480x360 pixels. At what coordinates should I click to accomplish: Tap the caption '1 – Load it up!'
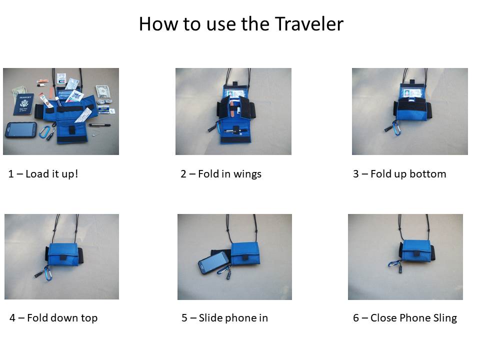(43, 174)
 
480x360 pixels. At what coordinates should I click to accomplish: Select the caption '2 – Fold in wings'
(220, 174)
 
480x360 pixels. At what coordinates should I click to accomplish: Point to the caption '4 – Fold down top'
(53, 318)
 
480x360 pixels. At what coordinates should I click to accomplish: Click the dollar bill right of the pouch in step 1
(102, 90)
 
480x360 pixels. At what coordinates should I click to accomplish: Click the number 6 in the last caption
(356, 318)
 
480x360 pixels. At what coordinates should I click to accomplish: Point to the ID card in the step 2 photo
(235, 93)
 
